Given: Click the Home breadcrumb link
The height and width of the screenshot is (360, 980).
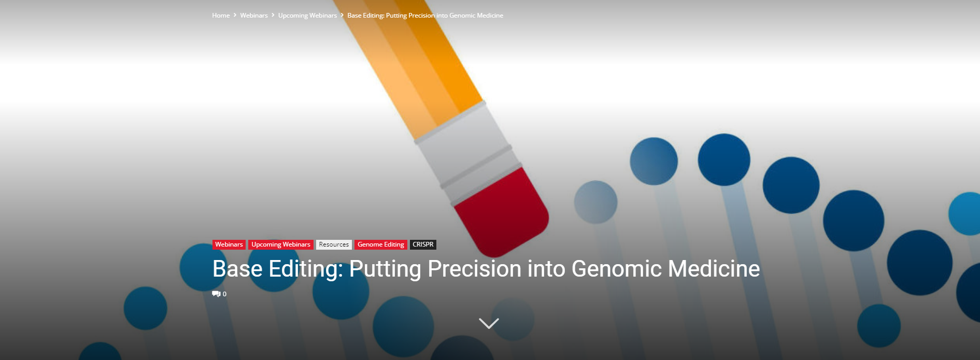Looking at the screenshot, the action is tap(221, 16).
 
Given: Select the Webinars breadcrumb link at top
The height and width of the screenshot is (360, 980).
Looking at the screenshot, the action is tap(254, 16).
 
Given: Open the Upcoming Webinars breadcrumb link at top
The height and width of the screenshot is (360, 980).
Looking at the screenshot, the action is tap(307, 16).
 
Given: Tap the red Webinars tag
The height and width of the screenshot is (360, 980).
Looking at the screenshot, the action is tap(229, 244).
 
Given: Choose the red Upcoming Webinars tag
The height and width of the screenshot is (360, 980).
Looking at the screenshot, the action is tap(281, 244).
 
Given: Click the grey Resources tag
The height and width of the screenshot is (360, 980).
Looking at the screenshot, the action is tap(334, 244).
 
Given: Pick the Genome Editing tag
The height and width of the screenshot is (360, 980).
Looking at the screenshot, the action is tap(381, 244).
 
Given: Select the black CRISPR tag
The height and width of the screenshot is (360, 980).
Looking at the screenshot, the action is tap(423, 244).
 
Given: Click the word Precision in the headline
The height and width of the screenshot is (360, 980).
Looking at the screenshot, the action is tap(474, 269).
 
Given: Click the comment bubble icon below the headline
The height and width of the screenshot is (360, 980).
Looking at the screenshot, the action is tap(216, 294).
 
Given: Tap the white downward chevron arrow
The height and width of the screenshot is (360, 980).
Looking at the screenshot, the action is tap(489, 323).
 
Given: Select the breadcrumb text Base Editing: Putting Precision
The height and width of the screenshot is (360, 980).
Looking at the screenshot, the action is tap(391, 16).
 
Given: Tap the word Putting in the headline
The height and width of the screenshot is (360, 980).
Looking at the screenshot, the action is tap(385, 269).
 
